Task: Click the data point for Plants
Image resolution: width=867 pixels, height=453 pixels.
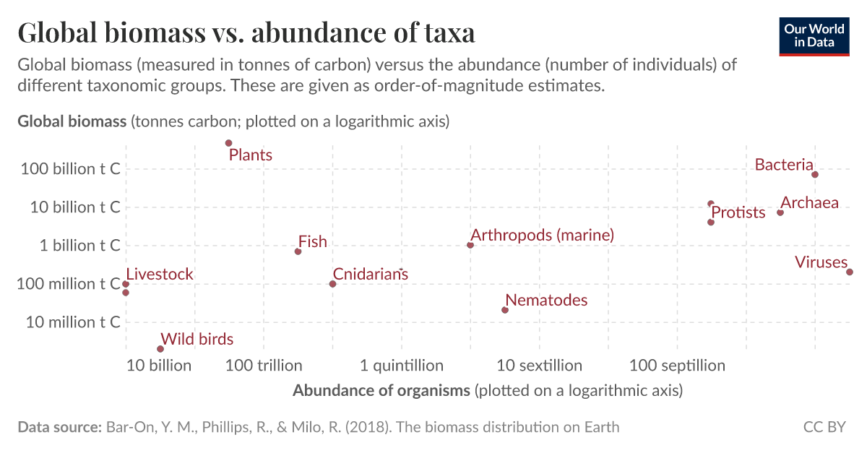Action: [229, 143]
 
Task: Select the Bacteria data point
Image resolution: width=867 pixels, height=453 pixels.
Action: [815, 174]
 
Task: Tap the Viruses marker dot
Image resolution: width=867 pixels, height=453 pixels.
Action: [850, 272]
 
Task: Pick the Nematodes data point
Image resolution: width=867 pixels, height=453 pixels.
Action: [505, 310]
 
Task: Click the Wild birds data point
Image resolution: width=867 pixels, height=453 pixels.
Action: [160, 349]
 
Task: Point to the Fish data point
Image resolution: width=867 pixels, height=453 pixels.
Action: [298, 251]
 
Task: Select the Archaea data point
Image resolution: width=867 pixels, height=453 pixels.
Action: [780, 212]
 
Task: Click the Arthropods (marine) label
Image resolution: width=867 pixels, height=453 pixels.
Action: [542, 235]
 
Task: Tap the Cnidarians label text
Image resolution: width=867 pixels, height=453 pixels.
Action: [370, 275]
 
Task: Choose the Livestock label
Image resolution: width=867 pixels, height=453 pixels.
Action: [160, 275]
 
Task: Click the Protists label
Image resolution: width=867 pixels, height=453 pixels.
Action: [738, 212]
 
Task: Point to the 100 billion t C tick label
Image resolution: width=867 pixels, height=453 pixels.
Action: [69, 168]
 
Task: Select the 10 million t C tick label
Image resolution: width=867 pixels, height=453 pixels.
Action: [73, 322]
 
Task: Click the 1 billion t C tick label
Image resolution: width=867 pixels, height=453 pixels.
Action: [79, 245]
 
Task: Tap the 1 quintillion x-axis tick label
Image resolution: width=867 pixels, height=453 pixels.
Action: [402, 366]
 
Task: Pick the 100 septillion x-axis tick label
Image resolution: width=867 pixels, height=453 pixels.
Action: [677, 366]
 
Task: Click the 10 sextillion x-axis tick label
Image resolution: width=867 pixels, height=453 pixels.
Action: [539, 366]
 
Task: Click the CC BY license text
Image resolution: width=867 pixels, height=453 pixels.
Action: [824, 427]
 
